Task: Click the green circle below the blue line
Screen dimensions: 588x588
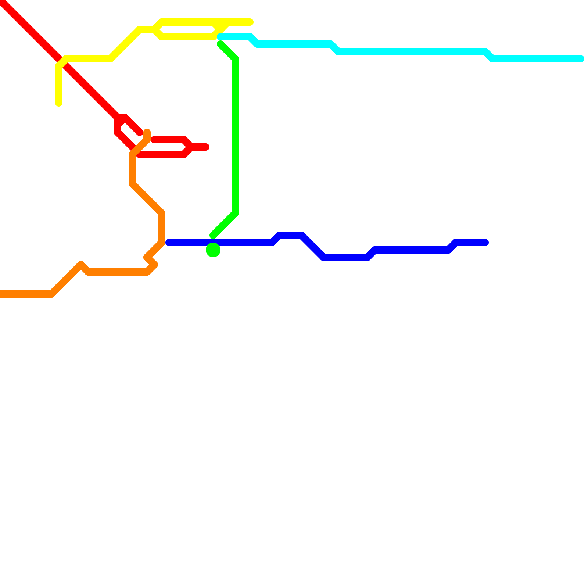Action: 213,250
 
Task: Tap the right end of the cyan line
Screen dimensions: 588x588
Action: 581,59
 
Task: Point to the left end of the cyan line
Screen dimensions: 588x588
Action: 220,37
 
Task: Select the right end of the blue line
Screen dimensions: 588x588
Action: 485,243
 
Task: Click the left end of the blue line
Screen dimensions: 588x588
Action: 169,243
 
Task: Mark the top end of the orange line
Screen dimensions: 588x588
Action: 147,132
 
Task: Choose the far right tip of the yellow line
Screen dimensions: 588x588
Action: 251,22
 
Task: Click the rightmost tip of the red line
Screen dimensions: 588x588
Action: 207,147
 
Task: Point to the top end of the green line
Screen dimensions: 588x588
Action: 220,44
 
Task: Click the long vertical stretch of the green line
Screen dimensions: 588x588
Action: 235,136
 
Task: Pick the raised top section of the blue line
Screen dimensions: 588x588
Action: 290,235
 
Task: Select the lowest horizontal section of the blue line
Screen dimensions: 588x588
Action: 345,257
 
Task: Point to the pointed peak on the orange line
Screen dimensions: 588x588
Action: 81,264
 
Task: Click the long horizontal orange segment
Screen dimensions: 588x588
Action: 118,272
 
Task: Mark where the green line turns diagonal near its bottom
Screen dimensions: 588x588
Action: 235,213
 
